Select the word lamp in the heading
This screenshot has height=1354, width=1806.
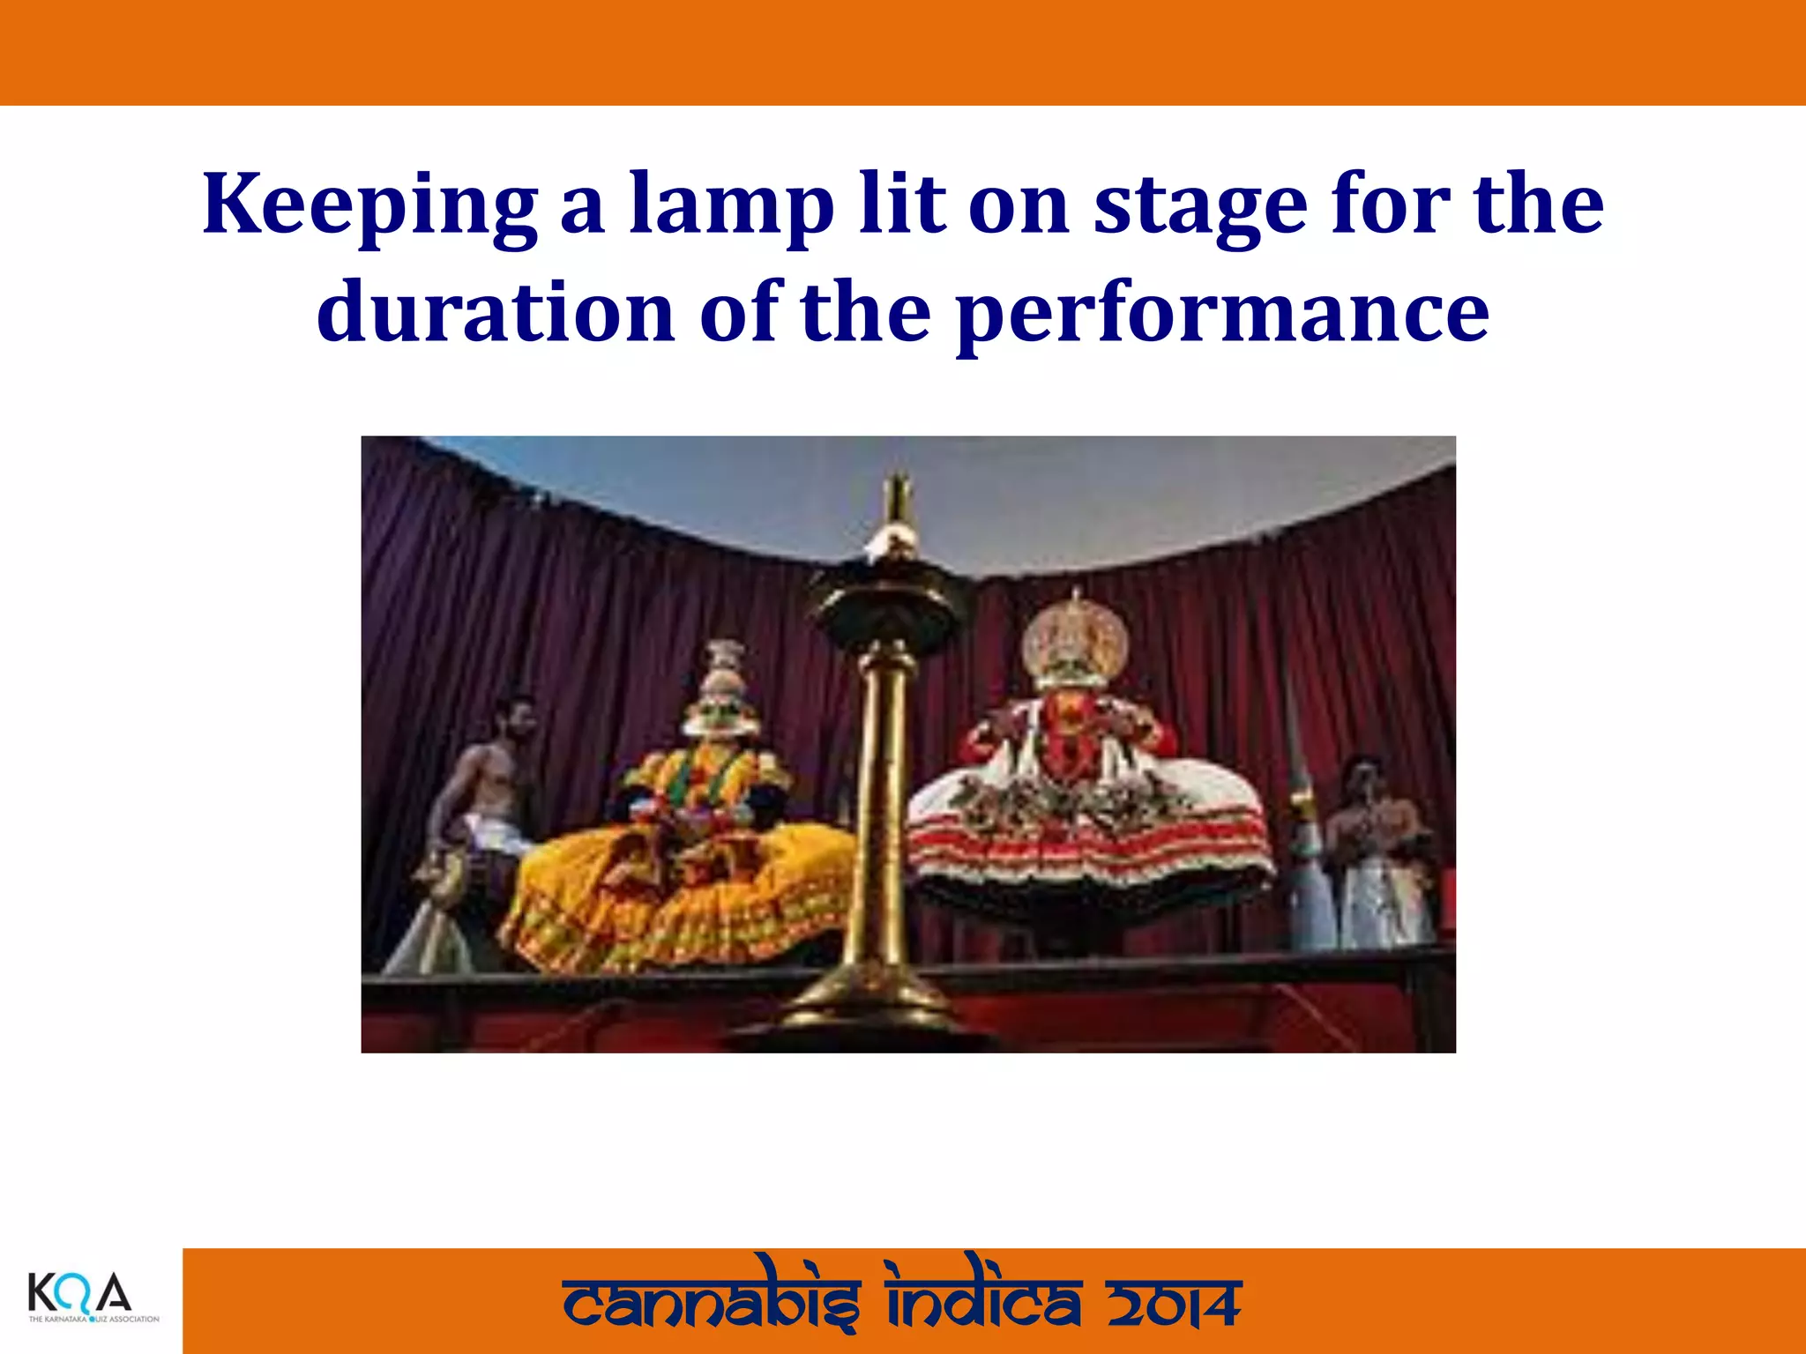[731, 205]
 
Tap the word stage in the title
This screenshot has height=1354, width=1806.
[1200, 205]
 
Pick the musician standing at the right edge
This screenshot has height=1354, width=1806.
[1376, 846]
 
